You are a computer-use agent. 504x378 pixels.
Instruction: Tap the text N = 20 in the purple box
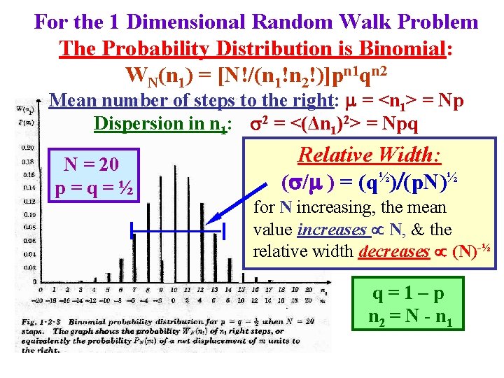[92, 165]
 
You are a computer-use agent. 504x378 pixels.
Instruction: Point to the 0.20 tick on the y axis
[27, 147]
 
